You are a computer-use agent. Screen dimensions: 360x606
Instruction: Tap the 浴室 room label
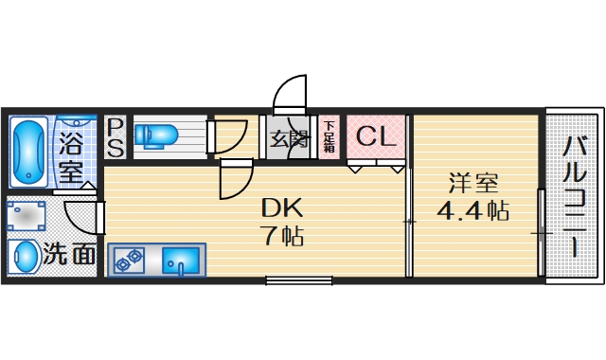(71, 158)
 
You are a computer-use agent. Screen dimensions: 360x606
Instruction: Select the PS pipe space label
(115, 137)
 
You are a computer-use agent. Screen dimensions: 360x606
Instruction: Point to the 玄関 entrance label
(289, 139)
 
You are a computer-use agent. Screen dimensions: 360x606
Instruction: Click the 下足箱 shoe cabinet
(329, 137)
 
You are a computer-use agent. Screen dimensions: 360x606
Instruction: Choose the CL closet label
(376, 136)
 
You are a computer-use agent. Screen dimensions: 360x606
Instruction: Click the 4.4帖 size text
(472, 211)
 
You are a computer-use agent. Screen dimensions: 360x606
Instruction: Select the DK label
(281, 207)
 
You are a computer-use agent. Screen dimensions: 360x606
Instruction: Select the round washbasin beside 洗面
(24, 256)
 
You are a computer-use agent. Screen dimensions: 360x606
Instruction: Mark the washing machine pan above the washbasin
(25, 216)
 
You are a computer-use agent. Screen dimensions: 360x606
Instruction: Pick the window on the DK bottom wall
(298, 279)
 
